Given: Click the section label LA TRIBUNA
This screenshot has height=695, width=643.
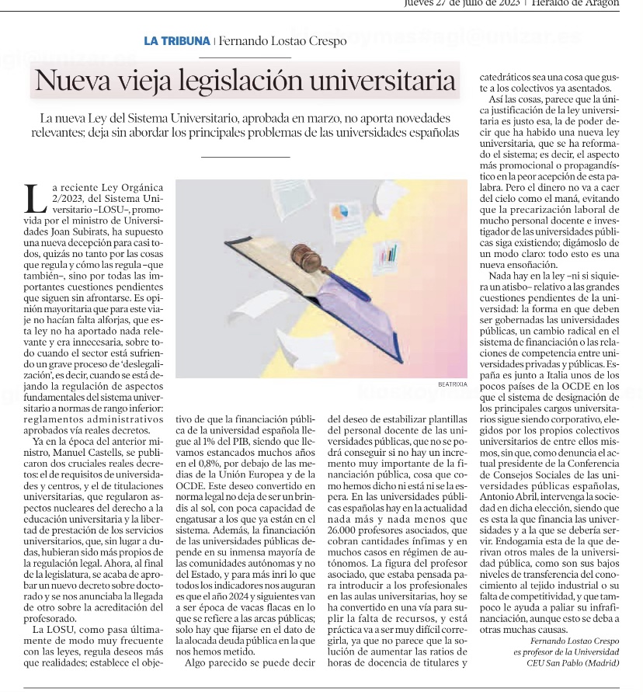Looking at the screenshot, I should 177,41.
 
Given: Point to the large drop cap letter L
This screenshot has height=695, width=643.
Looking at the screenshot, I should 36,198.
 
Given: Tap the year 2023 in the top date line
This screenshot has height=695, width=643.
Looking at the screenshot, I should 508,3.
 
